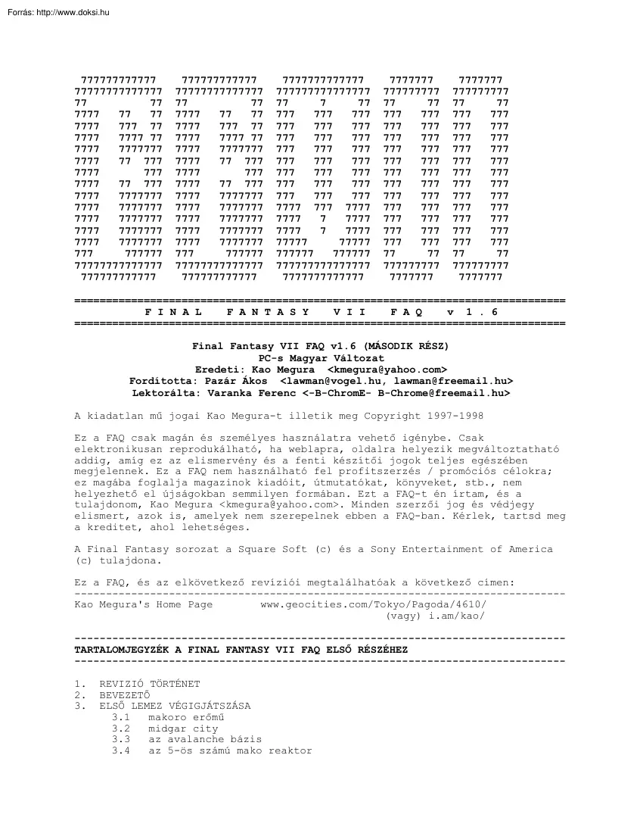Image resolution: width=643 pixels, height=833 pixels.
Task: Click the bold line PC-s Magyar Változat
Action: (x=321, y=357)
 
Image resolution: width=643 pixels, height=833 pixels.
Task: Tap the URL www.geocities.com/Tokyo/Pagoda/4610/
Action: (x=374, y=604)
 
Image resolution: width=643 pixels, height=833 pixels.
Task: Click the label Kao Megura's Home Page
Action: (x=144, y=604)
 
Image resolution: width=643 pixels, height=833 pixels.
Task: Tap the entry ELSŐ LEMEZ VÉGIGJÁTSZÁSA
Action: (x=175, y=706)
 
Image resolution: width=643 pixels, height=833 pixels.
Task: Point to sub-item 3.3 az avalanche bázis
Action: (x=204, y=739)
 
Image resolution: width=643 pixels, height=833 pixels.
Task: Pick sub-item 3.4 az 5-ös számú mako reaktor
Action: (x=230, y=750)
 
